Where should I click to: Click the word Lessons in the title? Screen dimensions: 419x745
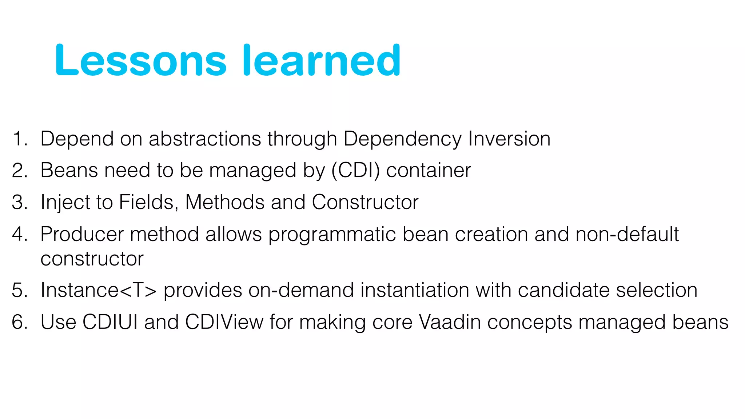coord(141,61)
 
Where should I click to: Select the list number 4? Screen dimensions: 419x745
coord(19,234)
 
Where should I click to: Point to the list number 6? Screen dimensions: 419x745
coord(19,322)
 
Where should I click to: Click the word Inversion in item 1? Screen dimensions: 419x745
coord(509,139)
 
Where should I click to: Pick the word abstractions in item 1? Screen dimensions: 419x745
coord(205,139)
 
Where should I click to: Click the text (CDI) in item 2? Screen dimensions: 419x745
coord(355,170)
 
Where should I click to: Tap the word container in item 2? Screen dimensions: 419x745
coord(428,170)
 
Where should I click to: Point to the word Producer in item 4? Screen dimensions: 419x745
coord(82,234)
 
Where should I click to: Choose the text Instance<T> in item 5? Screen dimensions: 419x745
coord(99,290)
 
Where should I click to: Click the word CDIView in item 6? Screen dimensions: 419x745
coord(224,322)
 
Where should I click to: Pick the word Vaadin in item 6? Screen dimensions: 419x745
coord(450,322)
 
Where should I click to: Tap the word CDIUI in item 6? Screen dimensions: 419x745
coord(110,322)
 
